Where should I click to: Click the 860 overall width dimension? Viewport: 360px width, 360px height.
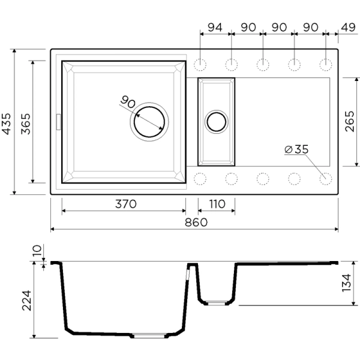tap(193, 223)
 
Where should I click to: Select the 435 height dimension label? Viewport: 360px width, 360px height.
tap(7, 123)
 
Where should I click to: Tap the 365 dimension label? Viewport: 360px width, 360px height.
tap(25, 123)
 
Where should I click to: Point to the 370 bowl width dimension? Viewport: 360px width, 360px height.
tap(125, 204)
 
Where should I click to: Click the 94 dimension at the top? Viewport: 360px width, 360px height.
tap(215, 27)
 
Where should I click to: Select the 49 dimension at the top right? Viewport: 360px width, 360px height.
tap(347, 27)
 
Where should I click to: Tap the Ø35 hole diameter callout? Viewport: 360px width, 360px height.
tap(296, 149)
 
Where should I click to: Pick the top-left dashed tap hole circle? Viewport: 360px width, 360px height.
tap(200, 64)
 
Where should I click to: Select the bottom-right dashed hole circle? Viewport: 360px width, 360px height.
tap(326, 178)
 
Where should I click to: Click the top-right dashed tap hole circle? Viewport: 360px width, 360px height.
tap(326, 64)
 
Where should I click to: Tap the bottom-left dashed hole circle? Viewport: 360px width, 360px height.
tap(200, 178)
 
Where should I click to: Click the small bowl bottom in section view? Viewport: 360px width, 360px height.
tap(216, 302)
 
